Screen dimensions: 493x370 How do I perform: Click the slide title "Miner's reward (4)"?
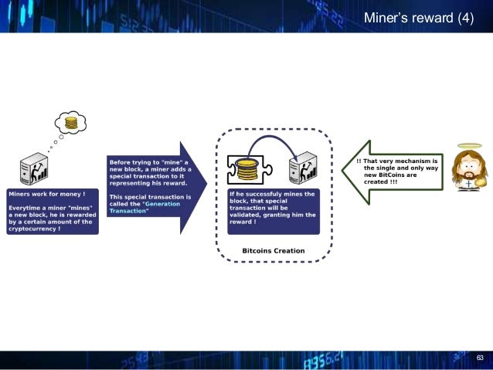[x=418, y=18]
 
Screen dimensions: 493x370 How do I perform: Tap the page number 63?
[x=480, y=358]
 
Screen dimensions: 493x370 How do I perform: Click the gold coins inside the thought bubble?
[x=71, y=122]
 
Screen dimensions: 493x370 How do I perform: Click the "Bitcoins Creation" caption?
[x=274, y=250]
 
